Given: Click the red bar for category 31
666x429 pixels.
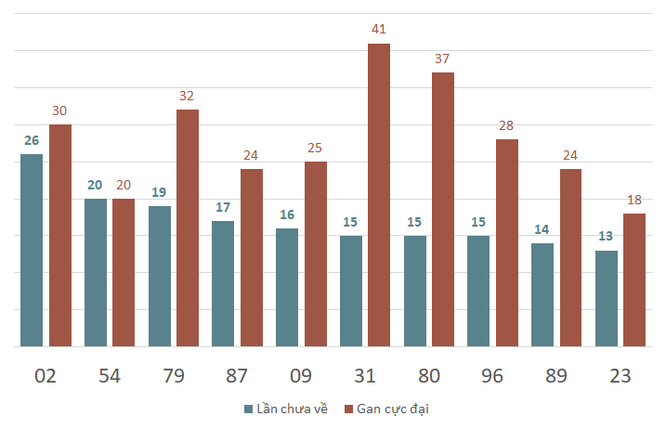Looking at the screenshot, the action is pyautogui.click(x=379, y=195).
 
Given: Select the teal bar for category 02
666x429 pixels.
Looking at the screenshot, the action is pyautogui.click(x=32, y=250).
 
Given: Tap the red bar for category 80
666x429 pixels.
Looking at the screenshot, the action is pyautogui.click(x=443, y=210).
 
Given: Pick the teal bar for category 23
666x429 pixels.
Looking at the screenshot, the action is pyautogui.click(x=607, y=299).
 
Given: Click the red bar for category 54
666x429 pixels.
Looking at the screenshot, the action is pyautogui.click(x=124, y=273).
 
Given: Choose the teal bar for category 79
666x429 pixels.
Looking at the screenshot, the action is pyautogui.click(x=160, y=277).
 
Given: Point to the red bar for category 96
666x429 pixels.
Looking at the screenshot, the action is pyautogui.click(x=507, y=243).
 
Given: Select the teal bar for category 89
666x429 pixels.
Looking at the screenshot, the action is pyautogui.click(x=542, y=294).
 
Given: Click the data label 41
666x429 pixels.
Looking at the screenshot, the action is pyautogui.click(x=378, y=29).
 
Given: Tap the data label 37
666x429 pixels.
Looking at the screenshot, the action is pyautogui.click(x=442, y=58).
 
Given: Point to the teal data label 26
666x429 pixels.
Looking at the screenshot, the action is pyautogui.click(x=32, y=140).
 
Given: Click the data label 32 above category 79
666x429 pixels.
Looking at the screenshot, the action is pyautogui.click(x=187, y=96).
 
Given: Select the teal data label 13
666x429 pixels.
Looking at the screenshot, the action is pyautogui.click(x=606, y=236).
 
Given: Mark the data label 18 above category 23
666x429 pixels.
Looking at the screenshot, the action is pyautogui.click(x=634, y=200).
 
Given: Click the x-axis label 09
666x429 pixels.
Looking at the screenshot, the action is pyautogui.click(x=301, y=376).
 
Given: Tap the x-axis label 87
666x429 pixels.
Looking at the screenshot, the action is pyautogui.click(x=237, y=376).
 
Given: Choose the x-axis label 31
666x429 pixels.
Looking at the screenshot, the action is pyautogui.click(x=365, y=376).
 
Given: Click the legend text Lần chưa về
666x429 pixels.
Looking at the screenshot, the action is pyautogui.click(x=293, y=409).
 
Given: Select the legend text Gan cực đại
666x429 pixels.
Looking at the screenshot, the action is pyautogui.click(x=393, y=409).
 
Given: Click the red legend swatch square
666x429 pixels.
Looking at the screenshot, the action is pyautogui.click(x=348, y=409).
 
